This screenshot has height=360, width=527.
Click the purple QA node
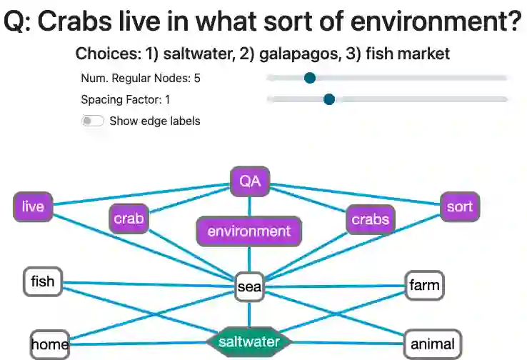pos(249,182)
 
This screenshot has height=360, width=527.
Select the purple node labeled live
pos(33,207)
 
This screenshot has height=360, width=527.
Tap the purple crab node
pos(129,219)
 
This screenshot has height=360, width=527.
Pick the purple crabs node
pos(370,219)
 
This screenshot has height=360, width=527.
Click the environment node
pos(249,231)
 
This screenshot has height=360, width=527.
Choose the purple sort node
pos(459,207)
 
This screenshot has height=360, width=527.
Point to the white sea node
pos(249,287)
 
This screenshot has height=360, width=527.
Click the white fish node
pos(43,281)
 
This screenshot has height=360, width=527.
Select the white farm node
pos(424,286)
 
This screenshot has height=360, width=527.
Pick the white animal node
pos(433,344)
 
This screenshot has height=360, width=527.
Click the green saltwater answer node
pos(249,342)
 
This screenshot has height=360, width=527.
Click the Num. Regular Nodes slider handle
pos(309,78)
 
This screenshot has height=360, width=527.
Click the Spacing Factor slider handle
pos(328,99)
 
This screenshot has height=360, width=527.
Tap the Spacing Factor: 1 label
pos(125,99)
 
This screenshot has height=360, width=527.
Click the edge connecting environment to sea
pos(249,259)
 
